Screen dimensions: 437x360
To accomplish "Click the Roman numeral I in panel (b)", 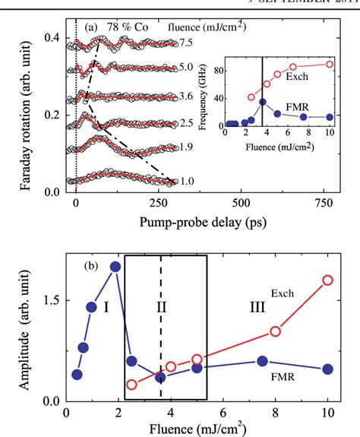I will (x=106, y=306).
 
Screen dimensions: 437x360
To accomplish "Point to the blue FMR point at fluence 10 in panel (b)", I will (x=328, y=369).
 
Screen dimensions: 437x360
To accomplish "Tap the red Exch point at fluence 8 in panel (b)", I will (x=276, y=331).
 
